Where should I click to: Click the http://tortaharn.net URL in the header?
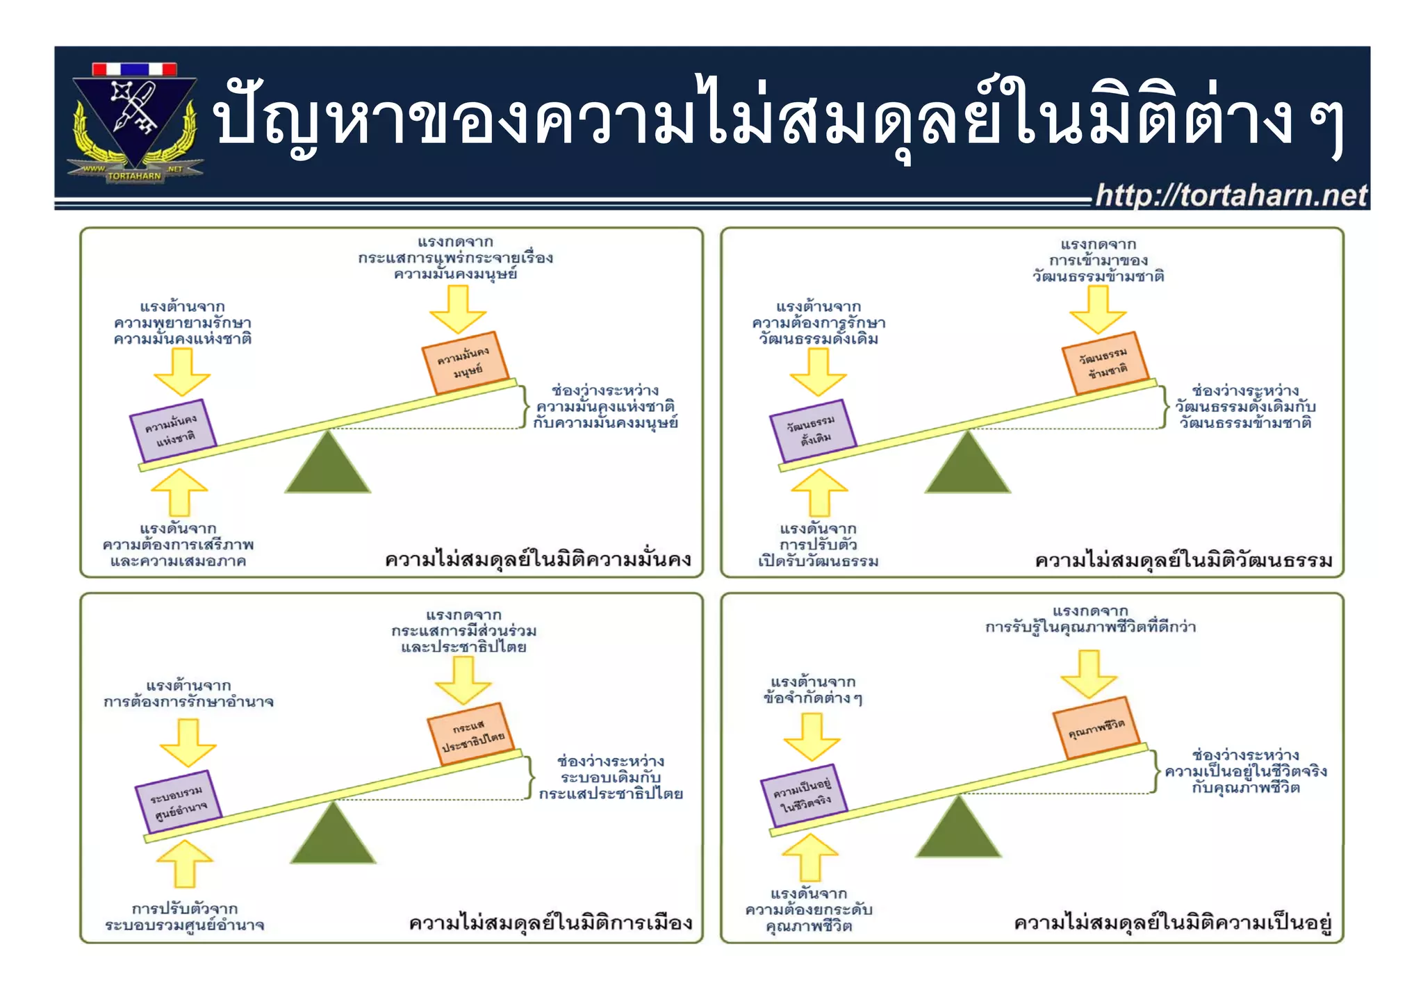1231,195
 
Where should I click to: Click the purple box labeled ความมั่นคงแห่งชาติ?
173,431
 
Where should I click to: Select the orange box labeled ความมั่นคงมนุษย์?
465,363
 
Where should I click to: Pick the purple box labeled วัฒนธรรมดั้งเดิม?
813,431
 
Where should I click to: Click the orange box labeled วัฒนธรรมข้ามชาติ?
1105,363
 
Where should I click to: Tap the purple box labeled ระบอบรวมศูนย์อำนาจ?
179,802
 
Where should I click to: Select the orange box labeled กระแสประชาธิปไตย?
472,734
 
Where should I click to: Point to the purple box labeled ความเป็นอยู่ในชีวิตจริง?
804,796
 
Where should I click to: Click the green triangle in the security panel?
327,465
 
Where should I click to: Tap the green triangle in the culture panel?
967,465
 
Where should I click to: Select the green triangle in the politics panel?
333,836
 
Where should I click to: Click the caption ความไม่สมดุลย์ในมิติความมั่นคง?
538,560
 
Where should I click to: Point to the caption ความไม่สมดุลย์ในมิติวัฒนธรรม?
1183,560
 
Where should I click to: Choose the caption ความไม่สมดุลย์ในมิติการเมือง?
550,923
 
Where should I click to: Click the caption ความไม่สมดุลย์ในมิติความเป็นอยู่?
1173,923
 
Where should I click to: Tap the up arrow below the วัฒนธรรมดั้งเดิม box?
819,493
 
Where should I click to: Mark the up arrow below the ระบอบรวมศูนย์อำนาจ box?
185,864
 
